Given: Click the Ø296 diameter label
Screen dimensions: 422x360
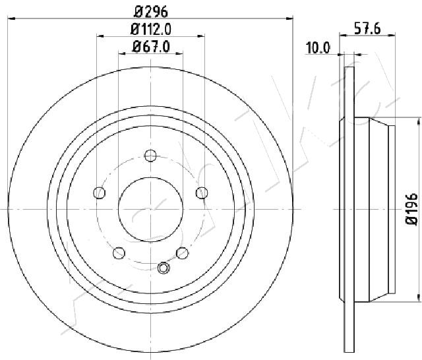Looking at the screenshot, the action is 151,12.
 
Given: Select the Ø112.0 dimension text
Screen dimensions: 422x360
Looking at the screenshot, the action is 151,29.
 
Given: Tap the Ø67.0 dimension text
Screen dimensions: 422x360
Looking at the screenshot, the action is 151,47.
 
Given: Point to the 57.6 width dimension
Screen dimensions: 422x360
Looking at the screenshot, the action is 367,28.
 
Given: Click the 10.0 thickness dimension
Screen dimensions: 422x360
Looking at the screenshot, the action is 318,48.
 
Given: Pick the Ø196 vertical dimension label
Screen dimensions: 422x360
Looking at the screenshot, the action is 411,209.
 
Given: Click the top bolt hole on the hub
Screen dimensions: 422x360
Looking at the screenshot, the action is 150,156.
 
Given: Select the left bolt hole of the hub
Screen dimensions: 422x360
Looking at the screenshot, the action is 100,193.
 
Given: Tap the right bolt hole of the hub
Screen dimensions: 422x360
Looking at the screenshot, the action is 202,193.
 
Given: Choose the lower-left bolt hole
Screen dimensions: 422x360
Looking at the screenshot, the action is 119,253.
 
